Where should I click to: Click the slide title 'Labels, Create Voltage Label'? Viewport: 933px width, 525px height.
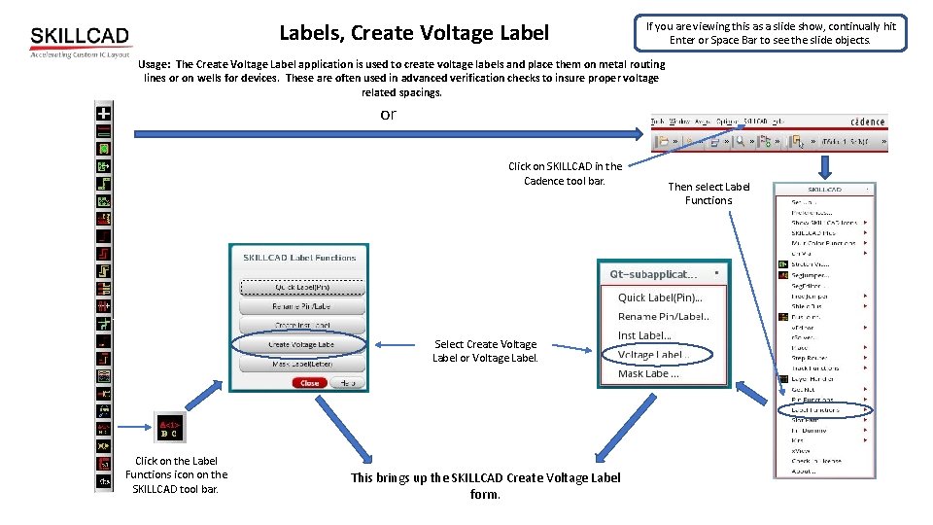tap(414, 33)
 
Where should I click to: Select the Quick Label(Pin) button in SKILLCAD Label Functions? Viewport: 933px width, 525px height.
tap(302, 288)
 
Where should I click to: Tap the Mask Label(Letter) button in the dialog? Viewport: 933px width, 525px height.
tap(302, 364)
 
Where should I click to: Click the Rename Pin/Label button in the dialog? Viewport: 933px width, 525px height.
tap(302, 306)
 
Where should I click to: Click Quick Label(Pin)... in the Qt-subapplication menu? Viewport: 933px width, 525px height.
tap(660, 297)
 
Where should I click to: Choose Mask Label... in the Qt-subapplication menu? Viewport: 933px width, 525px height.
tap(648, 373)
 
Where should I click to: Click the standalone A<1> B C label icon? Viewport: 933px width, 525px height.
tap(170, 428)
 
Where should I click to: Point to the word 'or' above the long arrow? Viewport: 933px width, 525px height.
tap(388, 115)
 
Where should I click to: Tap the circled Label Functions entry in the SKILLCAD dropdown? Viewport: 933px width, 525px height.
tap(816, 409)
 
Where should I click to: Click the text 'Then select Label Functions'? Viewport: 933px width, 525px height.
tap(708, 193)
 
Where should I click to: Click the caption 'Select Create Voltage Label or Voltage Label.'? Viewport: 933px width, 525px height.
tap(485, 351)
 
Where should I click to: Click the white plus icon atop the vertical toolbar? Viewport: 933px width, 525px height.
tap(102, 113)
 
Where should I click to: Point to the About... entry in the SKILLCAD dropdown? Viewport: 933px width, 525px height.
tap(804, 472)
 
